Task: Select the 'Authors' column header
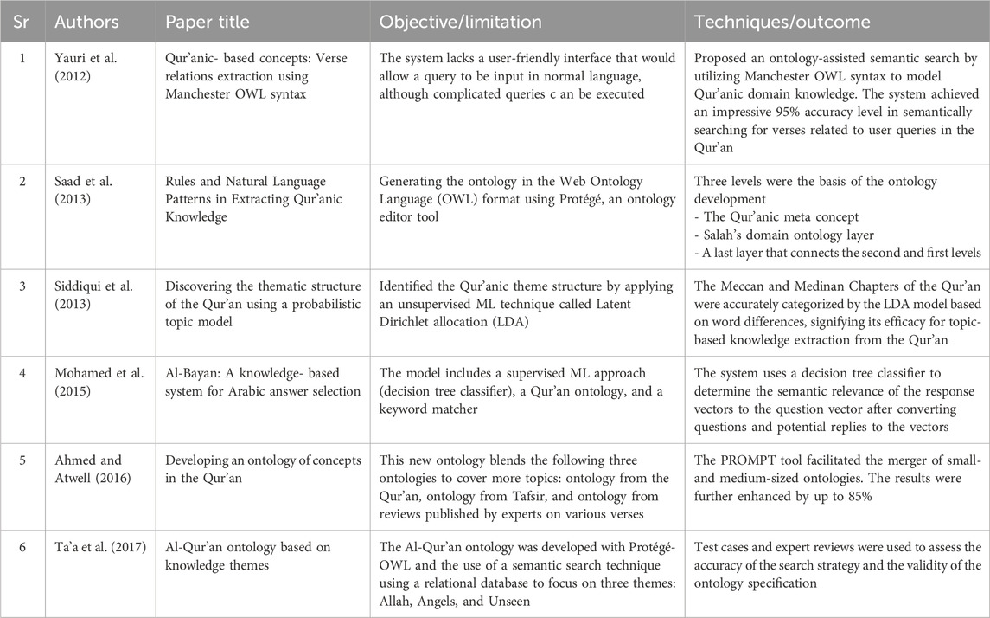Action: [x=86, y=22]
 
